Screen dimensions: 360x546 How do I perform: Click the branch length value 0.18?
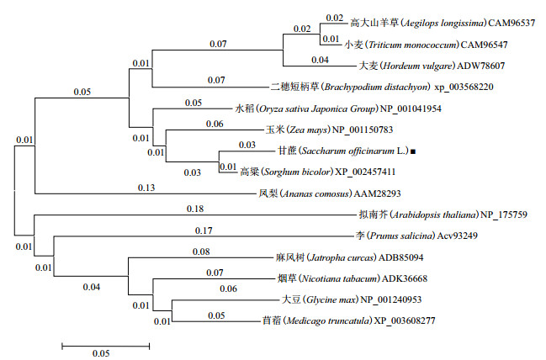[x=195, y=208]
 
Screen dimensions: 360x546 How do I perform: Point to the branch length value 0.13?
[x=144, y=187]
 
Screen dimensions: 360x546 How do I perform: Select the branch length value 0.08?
[x=200, y=251]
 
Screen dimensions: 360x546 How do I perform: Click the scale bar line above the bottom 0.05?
[x=105, y=343]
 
